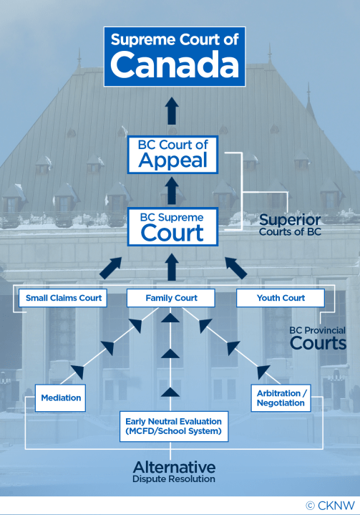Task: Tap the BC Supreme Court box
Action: [172, 225]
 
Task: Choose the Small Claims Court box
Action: [64, 297]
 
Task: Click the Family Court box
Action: [172, 297]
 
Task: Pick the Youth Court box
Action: [281, 297]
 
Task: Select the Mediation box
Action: [60, 398]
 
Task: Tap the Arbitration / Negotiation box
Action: [281, 398]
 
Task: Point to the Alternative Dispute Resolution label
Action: [174, 472]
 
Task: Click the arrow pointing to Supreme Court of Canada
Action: [172, 111]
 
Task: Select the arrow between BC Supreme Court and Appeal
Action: [172, 188]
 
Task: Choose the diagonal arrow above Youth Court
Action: [235, 268]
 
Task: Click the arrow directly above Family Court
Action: [172, 267]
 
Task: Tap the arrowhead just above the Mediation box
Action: [77, 372]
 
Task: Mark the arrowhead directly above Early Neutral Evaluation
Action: [170, 390]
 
